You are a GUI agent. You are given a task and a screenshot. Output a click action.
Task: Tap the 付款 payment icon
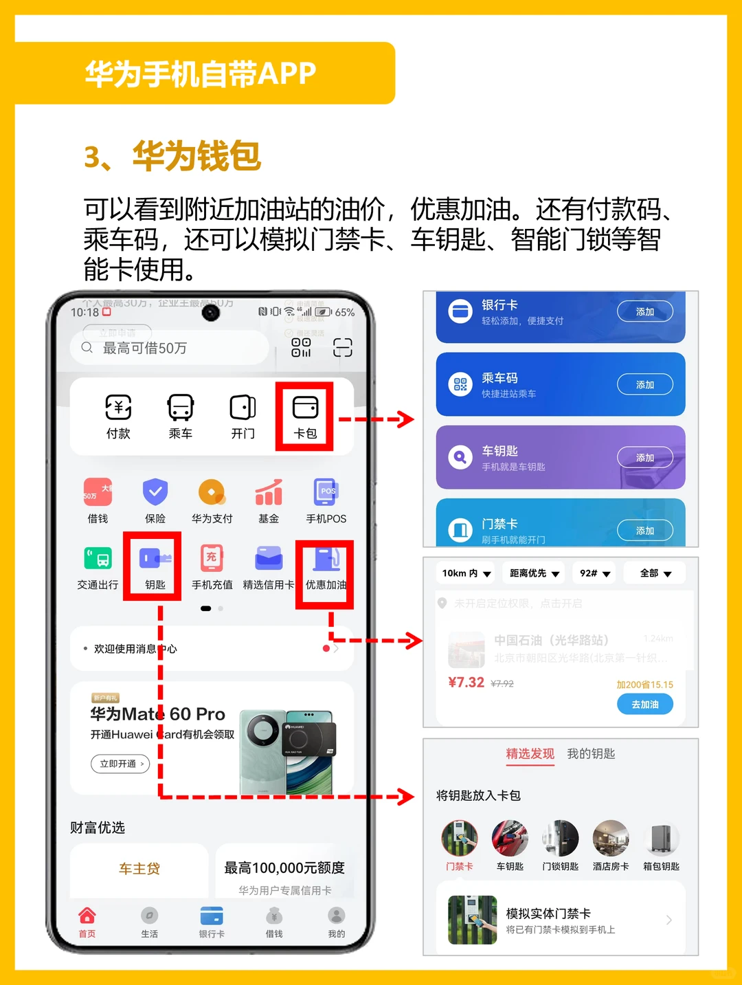118,408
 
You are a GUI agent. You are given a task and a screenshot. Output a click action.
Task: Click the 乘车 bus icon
181,408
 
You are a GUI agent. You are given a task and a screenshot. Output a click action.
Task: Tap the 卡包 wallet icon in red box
305,408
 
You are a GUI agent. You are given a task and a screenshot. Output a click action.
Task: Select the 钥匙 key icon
154,558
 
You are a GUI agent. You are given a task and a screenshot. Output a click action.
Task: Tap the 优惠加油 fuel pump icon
326,558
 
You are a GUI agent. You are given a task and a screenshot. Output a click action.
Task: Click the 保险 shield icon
155,492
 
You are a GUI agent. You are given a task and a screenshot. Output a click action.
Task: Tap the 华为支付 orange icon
212,492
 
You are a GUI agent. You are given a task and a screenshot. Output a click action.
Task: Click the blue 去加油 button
644,705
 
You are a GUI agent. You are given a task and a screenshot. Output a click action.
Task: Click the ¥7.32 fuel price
466,683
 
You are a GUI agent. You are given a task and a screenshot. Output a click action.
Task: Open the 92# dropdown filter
595,573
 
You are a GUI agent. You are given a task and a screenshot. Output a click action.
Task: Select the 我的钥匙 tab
591,754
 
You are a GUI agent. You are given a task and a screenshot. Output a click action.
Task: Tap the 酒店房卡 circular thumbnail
611,839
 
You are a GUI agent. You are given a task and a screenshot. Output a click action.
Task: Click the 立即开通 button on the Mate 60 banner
120,764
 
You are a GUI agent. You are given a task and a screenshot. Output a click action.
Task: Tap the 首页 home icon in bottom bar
87,916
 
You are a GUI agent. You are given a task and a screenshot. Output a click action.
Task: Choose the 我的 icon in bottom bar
336,916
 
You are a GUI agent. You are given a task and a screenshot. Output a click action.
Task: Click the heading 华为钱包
196,156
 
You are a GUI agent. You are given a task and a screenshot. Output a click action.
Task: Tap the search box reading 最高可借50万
169,348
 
